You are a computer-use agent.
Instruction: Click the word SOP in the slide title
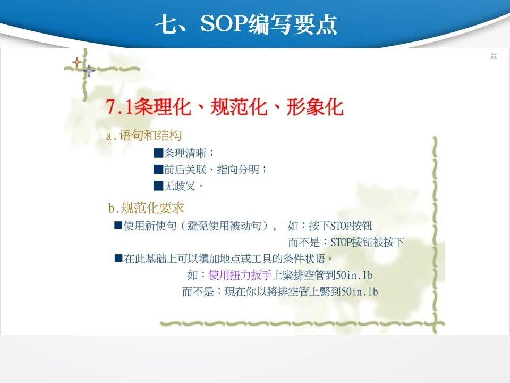224,23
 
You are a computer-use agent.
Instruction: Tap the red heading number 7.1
120,106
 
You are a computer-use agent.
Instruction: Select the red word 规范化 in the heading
239,106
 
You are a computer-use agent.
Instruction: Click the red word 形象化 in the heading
315,106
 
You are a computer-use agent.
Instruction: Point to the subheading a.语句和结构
144,136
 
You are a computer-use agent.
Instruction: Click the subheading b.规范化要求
146,208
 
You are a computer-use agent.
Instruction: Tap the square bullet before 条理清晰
158,153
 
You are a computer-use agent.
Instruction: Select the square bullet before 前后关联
158,169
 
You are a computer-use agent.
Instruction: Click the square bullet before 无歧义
158,186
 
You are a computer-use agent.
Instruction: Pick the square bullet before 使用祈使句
118,225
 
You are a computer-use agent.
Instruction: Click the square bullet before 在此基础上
118,259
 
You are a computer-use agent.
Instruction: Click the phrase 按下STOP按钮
341,226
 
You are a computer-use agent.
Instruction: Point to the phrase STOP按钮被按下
367,243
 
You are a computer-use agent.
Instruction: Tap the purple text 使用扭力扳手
240,275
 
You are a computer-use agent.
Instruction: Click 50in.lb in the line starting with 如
354,275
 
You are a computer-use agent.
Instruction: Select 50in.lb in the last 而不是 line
360,292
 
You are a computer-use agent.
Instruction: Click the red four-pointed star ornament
76,62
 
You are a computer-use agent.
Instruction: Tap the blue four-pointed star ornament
89,70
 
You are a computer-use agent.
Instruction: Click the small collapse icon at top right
494,56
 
